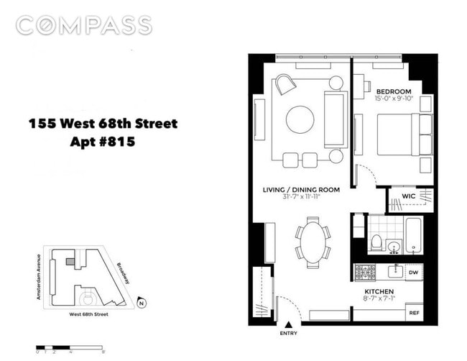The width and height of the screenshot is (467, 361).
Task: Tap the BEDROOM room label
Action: (394, 91)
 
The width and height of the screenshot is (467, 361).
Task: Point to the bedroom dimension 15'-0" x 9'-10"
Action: (394, 99)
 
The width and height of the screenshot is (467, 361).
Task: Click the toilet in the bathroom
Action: (374, 243)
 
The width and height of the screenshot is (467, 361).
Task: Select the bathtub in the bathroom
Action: (415, 237)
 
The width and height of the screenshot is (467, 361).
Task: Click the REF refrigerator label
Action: (414, 314)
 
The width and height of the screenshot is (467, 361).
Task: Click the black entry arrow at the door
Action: (290, 326)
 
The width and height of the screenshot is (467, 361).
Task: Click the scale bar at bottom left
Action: (71, 349)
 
